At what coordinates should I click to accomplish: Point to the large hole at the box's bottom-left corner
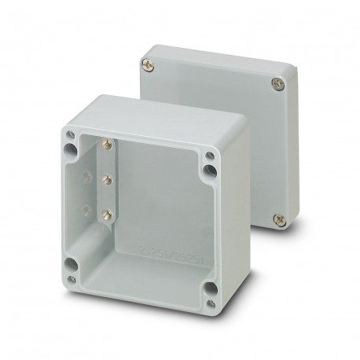click(x=72, y=263)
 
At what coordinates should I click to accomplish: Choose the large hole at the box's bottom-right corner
click(x=208, y=287)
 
